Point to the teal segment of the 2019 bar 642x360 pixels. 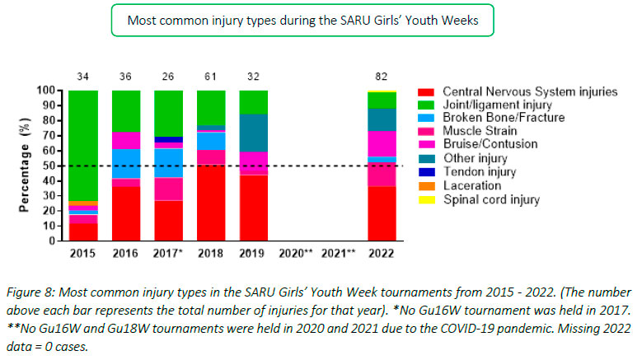pyautogui.click(x=254, y=133)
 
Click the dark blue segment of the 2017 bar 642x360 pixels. pyautogui.click(x=169, y=139)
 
